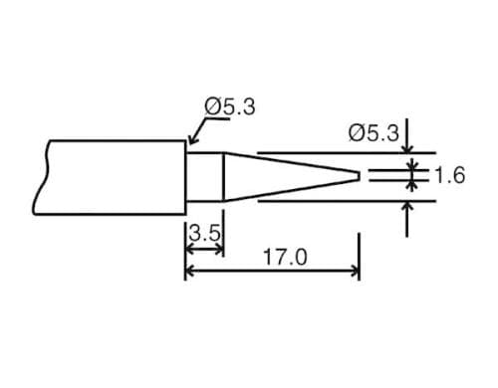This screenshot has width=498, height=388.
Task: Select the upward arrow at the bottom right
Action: pos(407,209)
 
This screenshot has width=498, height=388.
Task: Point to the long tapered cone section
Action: pos(289,177)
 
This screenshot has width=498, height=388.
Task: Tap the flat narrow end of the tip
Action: pos(359,177)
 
